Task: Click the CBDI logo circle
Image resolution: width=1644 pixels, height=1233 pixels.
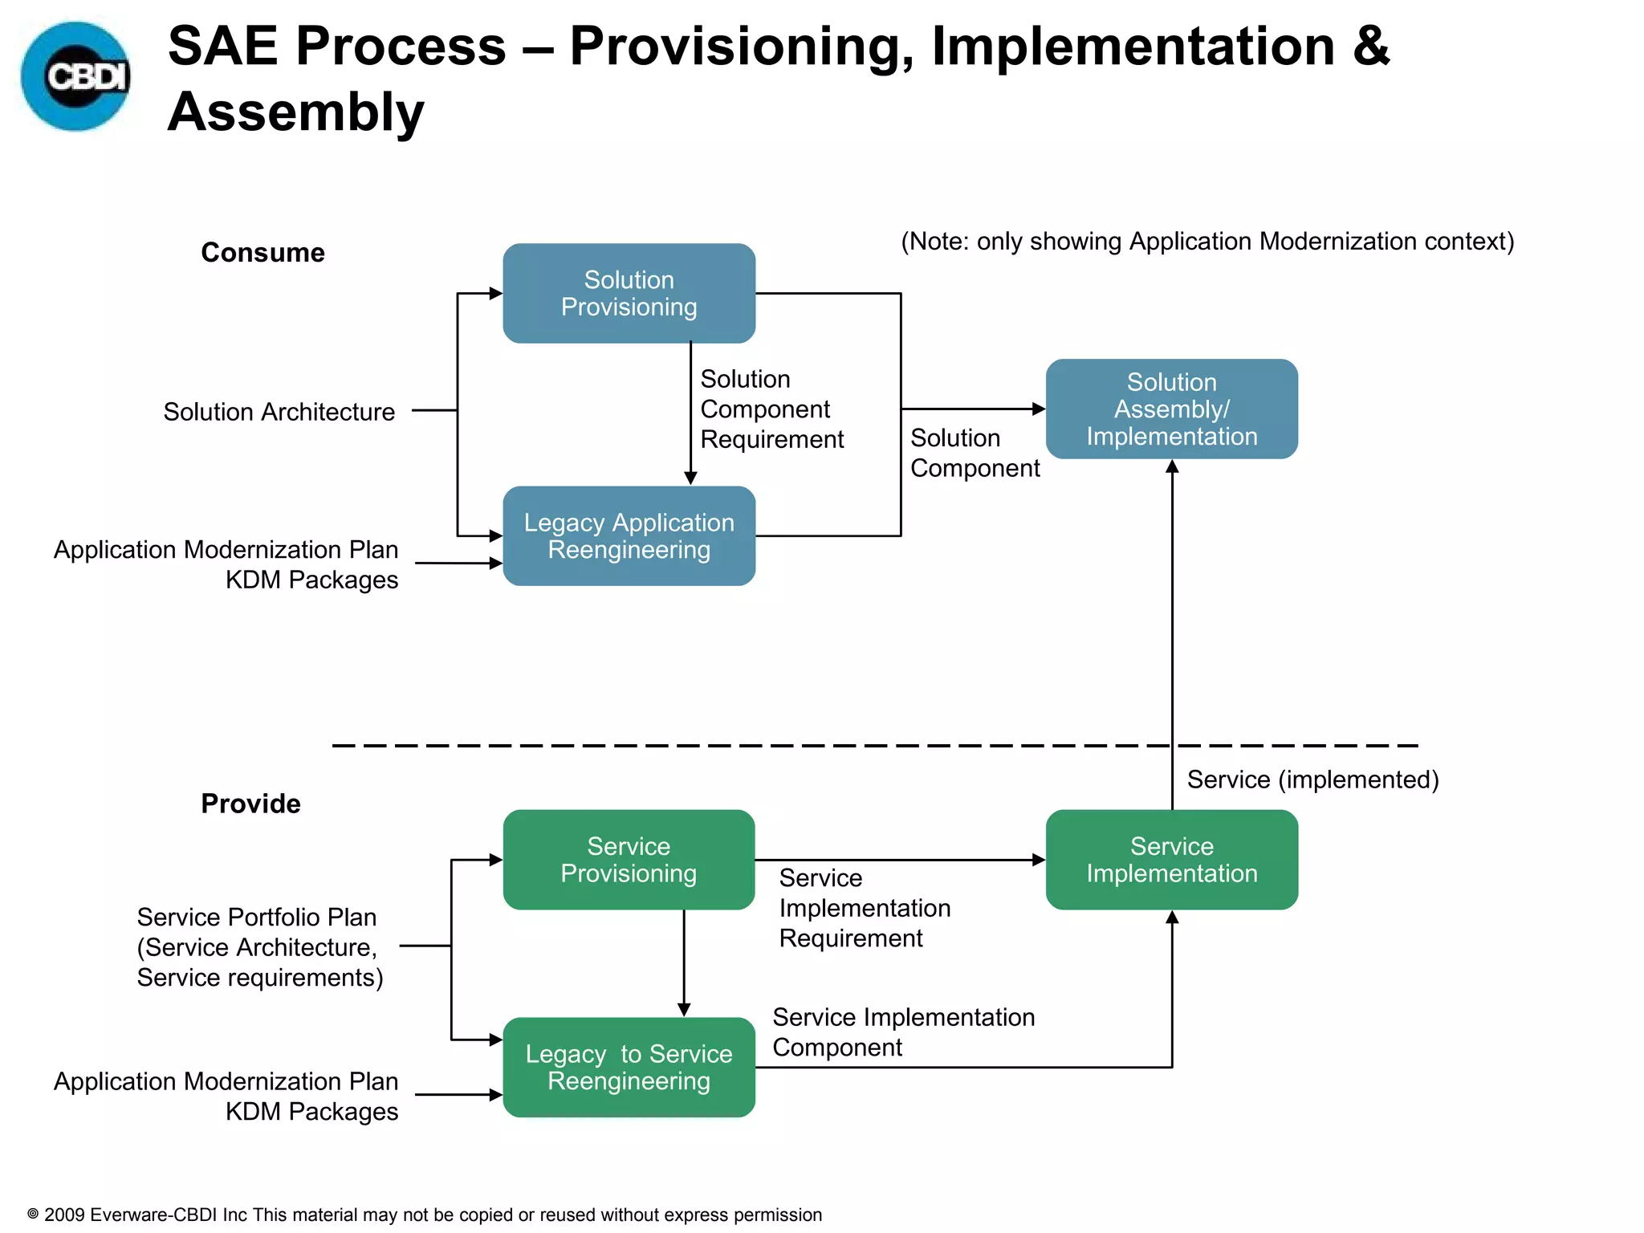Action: [75, 76]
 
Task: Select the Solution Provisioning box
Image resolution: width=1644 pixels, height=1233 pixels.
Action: [629, 293]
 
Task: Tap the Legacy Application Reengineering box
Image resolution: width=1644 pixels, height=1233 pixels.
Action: [629, 535]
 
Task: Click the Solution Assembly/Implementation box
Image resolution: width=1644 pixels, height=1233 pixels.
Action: [1171, 409]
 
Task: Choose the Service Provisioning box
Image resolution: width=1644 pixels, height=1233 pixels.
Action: [629, 860]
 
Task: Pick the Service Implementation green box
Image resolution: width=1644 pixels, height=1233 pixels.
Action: [1171, 860]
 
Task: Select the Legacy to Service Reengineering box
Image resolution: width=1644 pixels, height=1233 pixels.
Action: [629, 1067]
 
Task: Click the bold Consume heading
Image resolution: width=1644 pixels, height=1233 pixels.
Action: [262, 252]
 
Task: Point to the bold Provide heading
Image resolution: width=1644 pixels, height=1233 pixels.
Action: [250, 804]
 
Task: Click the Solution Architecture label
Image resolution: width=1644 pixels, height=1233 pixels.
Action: [279, 412]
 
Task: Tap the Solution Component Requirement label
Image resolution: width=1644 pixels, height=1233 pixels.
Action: [771, 409]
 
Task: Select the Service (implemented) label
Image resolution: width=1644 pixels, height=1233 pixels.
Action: [1312, 779]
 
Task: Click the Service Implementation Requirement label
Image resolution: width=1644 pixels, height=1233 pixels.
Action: [864, 908]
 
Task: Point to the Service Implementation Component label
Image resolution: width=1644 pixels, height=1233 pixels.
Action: [902, 1032]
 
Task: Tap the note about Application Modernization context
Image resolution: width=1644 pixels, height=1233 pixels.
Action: [1207, 242]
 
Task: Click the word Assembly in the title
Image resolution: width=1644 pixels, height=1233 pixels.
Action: [295, 112]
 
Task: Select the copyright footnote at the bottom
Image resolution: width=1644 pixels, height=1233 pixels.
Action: [425, 1215]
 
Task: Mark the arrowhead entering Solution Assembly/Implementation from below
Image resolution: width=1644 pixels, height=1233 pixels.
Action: [1172, 467]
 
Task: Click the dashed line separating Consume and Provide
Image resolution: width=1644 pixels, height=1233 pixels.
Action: [803, 746]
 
